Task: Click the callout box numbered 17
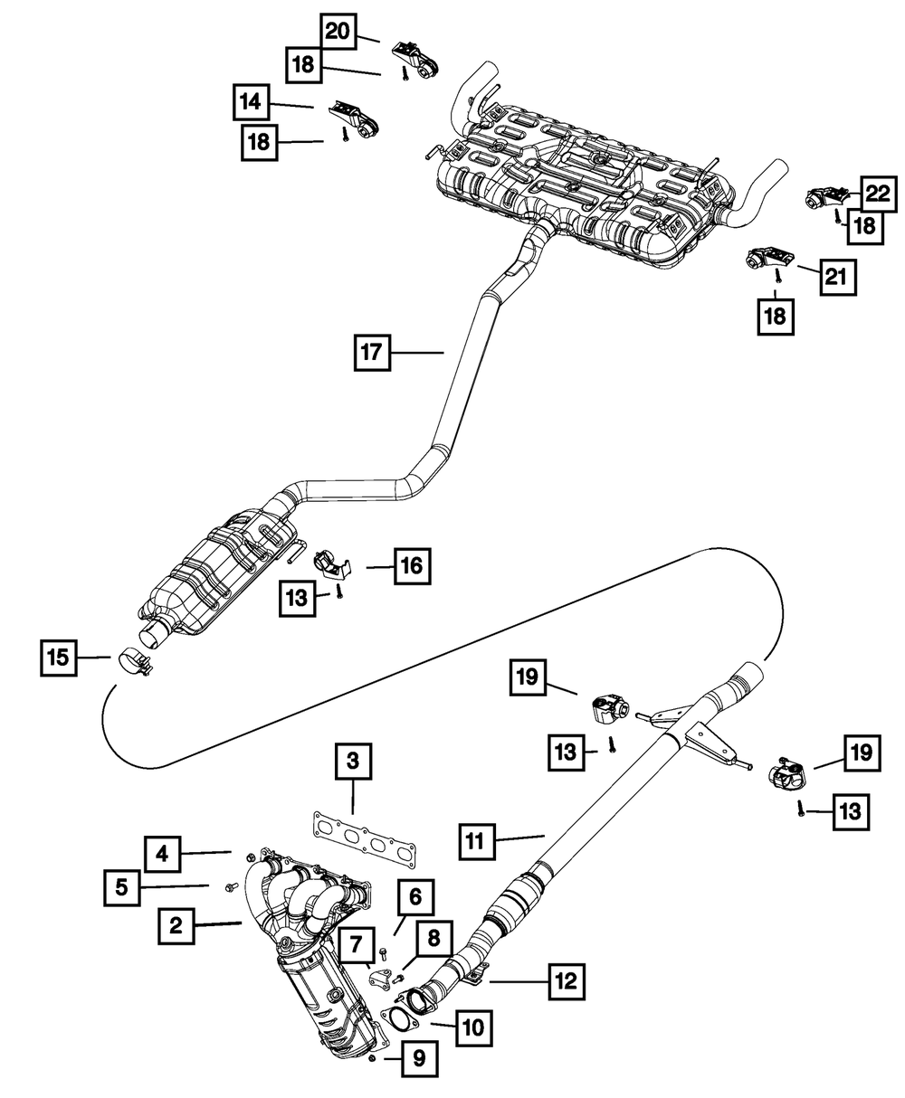tap(372, 353)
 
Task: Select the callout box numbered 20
tap(338, 32)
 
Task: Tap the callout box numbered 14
tap(251, 101)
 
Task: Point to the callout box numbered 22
tap(878, 194)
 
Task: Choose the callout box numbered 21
tap(837, 277)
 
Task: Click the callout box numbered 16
tap(413, 566)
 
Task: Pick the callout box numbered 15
tap(59, 658)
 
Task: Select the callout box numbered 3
tap(353, 761)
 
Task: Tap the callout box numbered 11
tap(477, 841)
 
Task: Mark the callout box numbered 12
tap(567, 982)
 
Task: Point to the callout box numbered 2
tap(176, 925)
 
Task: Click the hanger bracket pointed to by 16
tap(333, 564)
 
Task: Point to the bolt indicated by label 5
tap(229, 887)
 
